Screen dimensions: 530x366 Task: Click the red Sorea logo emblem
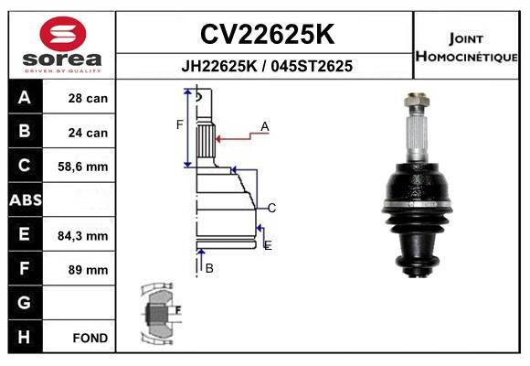click(x=63, y=34)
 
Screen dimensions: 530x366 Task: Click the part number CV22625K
click(x=267, y=34)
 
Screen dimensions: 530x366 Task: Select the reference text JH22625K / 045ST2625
click(x=267, y=66)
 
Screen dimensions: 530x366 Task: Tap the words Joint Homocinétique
click(x=466, y=48)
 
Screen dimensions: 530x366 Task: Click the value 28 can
click(x=88, y=98)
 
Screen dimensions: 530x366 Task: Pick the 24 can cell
click(x=88, y=133)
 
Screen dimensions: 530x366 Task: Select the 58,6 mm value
click(x=83, y=167)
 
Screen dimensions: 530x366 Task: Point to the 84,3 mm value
click(x=83, y=236)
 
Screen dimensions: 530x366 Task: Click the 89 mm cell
click(x=88, y=270)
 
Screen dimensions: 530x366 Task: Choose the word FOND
click(x=90, y=338)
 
